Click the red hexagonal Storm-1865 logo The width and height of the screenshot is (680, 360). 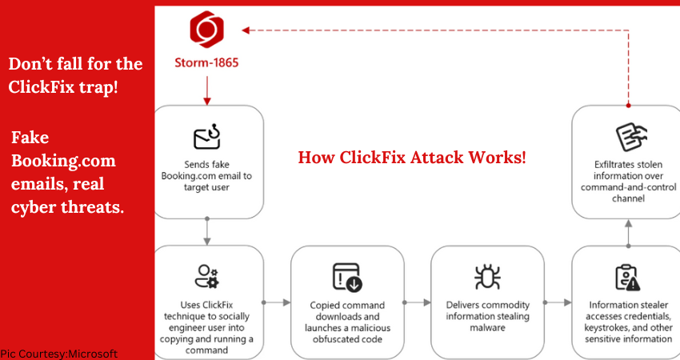coord(206,30)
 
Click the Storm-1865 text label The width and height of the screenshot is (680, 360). coord(207,62)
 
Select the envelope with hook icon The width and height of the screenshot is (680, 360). coord(207,138)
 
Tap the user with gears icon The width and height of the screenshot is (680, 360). coord(207,276)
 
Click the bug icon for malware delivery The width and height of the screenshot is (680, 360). coord(487,277)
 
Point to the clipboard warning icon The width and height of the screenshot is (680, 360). coord(627,277)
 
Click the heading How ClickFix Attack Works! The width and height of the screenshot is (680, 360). coord(412,157)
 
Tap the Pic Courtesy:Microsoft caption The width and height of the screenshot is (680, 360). coord(59,354)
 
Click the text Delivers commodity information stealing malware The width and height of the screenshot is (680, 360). coord(487,315)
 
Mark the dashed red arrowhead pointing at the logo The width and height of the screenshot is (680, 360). coord(246,30)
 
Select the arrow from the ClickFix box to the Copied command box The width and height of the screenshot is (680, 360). coord(276,302)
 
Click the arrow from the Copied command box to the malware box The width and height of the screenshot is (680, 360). coord(416,302)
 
